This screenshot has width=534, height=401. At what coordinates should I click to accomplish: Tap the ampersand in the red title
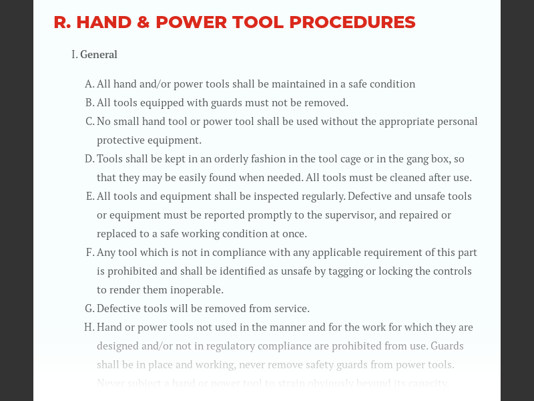142,22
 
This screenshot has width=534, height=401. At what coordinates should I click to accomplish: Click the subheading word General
99,55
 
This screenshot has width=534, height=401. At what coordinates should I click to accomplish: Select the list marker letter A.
89,84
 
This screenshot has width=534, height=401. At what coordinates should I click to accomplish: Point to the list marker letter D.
89,159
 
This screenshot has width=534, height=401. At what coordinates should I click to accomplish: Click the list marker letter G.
89,309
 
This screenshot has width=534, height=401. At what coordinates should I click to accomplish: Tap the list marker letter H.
89,327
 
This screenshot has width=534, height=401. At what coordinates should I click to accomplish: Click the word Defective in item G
119,309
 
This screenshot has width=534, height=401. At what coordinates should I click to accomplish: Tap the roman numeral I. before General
74,55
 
